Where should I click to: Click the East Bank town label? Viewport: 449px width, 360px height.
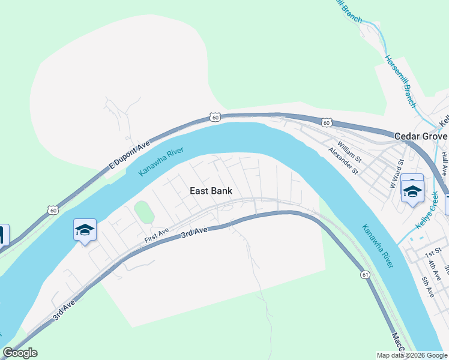[211, 191]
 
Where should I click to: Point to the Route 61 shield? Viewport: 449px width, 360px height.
[365, 274]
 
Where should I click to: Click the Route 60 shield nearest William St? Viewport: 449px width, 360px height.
[326, 122]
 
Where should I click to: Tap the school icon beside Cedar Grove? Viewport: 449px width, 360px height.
[412, 191]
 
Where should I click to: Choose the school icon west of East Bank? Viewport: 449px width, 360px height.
[85, 230]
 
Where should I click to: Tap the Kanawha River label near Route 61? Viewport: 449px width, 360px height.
[377, 246]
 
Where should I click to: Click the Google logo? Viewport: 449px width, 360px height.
[20, 353]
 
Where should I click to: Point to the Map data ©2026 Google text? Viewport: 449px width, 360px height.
[411, 355]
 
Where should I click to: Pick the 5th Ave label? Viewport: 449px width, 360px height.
[427, 287]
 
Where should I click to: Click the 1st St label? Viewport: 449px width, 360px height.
[433, 250]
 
